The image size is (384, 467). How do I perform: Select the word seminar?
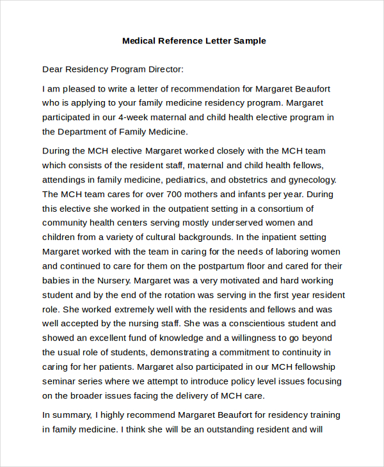point(61,381)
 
